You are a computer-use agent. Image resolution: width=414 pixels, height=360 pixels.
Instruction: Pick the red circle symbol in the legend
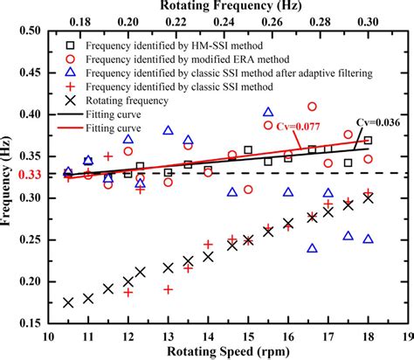69,57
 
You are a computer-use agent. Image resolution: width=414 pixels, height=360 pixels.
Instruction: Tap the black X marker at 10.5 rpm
68,302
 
